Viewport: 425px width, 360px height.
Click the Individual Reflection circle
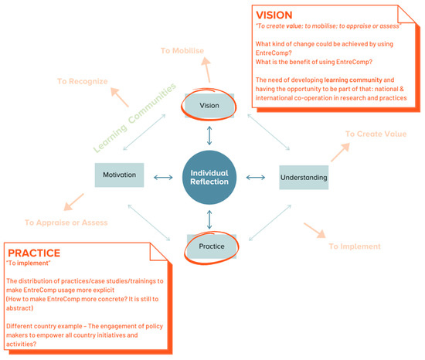click(x=210, y=178)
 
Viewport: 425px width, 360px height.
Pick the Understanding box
click(x=303, y=178)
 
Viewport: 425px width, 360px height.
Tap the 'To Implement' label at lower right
click(x=355, y=246)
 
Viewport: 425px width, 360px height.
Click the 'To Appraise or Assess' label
click(x=66, y=222)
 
